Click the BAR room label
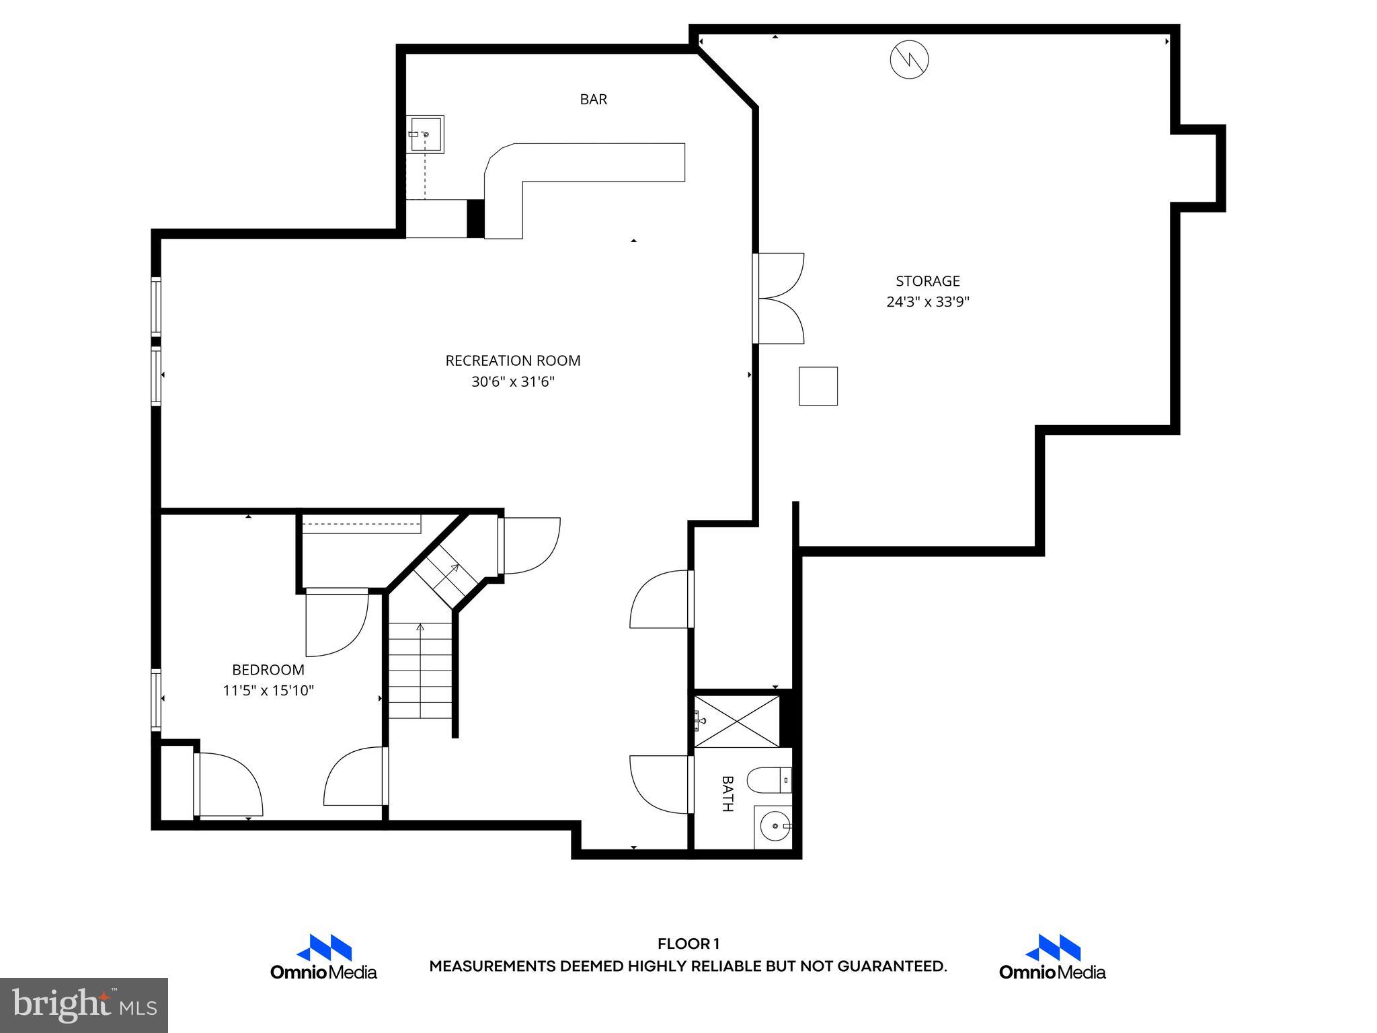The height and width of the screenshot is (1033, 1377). pyautogui.click(x=593, y=100)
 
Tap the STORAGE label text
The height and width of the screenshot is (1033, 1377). pyautogui.click(x=927, y=281)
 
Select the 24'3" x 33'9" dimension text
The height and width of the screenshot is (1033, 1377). pyautogui.click(x=927, y=302)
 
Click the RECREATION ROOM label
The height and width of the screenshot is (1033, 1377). pyautogui.click(x=512, y=360)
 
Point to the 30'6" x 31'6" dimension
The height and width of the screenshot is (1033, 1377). pyautogui.click(x=512, y=382)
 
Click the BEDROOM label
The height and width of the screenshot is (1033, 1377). pyautogui.click(x=268, y=670)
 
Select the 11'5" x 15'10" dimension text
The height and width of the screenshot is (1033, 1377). pyautogui.click(x=268, y=691)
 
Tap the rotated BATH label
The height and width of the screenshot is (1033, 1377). pyautogui.click(x=727, y=794)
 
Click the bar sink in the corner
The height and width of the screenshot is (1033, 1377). pyautogui.click(x=425, y=135)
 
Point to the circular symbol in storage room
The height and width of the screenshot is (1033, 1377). pyautogui.click(x=909, y=60)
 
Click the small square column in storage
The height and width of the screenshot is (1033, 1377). pyautogui.click(x=818, y=386)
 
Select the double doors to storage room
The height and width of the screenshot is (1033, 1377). pyautogui.click(x=780, y=299)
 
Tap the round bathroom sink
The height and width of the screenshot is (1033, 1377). pyautogui.click(x=775, y=826)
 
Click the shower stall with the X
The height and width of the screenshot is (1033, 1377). pyautogui.click(x=738, y=722)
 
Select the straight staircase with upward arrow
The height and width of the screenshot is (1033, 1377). pyautogui.click(x=421, y=671)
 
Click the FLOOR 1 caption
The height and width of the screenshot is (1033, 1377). pyautogui.click(x=688, y=944)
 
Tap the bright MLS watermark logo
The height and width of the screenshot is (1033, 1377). pyautogui.click(x=83, y=1005)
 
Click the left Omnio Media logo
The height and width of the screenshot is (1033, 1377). pyautogui.click(x=323, y=957)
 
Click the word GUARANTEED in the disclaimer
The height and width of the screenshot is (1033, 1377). pyautogui.click(x=891, y=966)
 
